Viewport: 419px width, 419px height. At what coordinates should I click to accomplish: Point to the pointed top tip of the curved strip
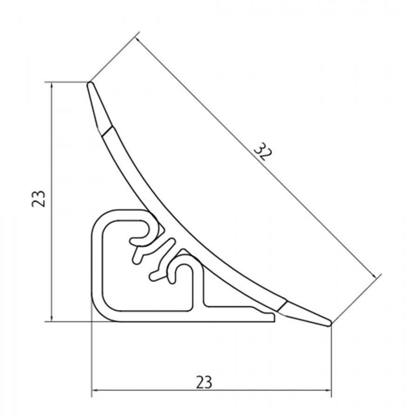pyautogui.click(x=89, y=84)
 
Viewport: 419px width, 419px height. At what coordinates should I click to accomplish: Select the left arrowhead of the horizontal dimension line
pyautogui.click(x=94, y=390)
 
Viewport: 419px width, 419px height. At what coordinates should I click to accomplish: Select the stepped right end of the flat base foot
pyautogui.click(x=273, y=318)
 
